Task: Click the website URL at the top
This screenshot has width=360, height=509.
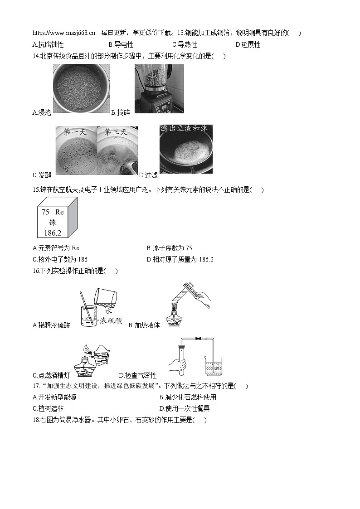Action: pyautogui.click(x=64, y=33)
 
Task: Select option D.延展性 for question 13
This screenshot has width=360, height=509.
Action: pyautogui.click(x=248, y=44)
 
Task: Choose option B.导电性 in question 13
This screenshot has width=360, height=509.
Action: pyautogui.click(x=121, y=44)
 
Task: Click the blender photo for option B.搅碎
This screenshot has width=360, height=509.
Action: pyautogui.click(x=159, y=89)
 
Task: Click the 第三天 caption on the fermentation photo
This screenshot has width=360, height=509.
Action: pyautogui.click(x=116, y=132)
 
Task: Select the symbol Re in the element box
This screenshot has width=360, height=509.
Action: pyautogui.click(x=59, y=212)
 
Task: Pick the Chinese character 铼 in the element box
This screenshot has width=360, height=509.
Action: pyautogui.click(x=52, y=223)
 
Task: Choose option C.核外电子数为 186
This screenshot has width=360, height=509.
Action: pyautogui.click(x=60, y=259)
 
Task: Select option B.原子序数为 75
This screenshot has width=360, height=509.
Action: pyautogui.click(x=169, y=248)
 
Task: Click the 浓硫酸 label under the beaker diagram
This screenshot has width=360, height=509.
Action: pyautogui.click(x=111, y=320)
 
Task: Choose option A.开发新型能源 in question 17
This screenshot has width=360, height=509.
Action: pyautogui.click(x=54, y=397)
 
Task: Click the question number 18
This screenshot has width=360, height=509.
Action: pyautogui.click(x=36, y=420)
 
